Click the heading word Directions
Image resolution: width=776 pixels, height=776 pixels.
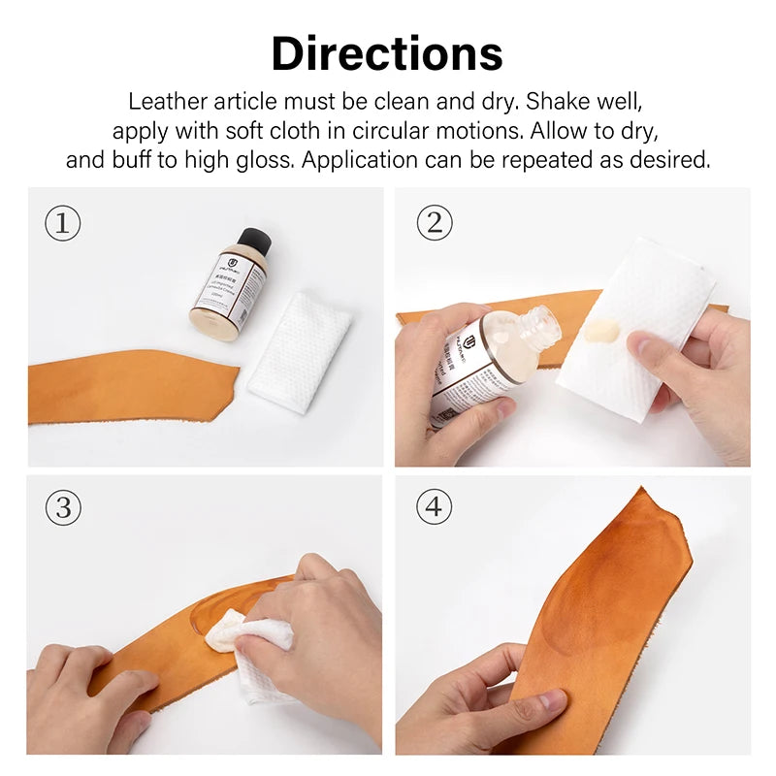point(387,53)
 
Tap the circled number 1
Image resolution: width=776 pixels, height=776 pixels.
point(63,224)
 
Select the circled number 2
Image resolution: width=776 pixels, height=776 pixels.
point(434,224)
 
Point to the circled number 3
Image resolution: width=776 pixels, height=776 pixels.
point(63,508)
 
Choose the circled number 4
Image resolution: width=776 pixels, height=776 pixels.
point(434,506)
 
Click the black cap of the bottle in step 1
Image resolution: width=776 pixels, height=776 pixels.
point(253,242)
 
